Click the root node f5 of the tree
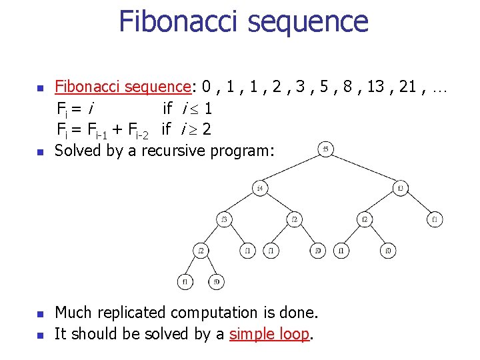click(325, 149)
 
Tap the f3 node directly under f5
click(401, 187)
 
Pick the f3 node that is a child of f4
click(225, 219)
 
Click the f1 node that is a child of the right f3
click(435, 219)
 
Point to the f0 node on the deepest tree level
click(217, 281)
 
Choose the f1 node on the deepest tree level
click(185, 281)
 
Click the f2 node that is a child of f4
click(294, 219)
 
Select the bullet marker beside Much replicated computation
click(40, 313)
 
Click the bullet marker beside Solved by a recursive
click(40, 151)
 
